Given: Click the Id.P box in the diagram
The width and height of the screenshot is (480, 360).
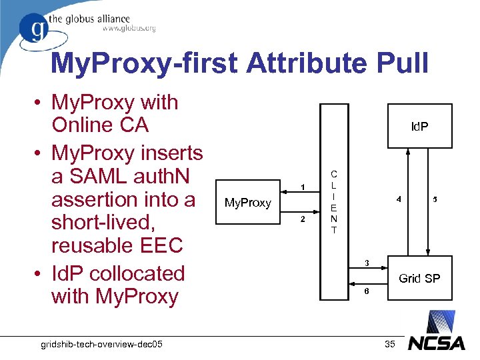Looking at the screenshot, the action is (x=419, y=125).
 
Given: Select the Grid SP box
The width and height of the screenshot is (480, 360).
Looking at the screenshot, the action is (x=419, y=277).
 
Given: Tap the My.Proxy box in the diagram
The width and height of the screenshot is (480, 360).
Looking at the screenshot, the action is (x=247, y=202).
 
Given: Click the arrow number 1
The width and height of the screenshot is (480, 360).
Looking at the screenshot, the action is (x=303, y=187).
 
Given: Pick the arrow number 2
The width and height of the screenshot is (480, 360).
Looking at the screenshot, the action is (x=303, y=219).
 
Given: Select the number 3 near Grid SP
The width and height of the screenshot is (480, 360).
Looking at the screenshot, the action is (x=366, y=263).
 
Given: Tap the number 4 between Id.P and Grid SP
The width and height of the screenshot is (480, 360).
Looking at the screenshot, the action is (x=398, y=199).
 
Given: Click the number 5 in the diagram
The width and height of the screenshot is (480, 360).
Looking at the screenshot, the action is (x=435, y=199).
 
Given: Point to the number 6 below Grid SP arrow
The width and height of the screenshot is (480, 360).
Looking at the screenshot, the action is (x=366, y=292).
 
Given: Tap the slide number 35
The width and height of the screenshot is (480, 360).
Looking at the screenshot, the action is (x=391, y=344).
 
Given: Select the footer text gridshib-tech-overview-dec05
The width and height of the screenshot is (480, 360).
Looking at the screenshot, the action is (x=103, y=343).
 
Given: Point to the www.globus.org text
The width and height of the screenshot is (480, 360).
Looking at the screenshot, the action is (x=129, y=29).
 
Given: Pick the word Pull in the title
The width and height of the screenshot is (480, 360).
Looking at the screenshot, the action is (x=403, y=63).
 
